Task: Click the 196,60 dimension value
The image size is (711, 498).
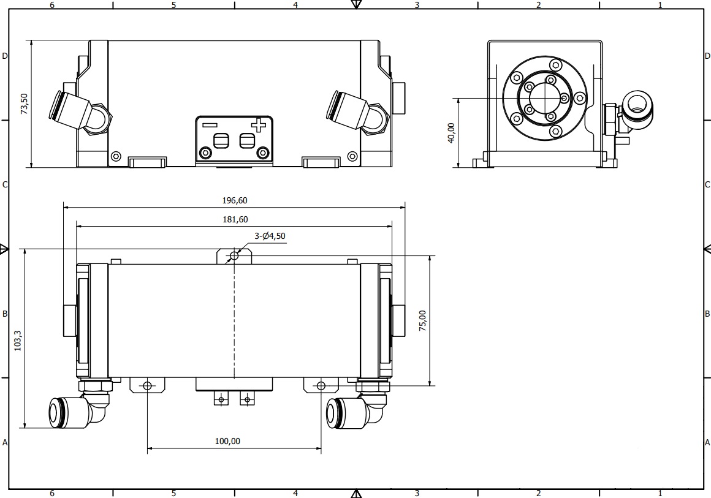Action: click(234, 200)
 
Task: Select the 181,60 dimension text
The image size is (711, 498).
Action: click(235, 219)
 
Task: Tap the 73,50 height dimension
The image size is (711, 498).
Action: click(24, 104)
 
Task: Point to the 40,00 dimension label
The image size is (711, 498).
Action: click(451, 133)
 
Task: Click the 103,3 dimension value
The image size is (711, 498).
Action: click(18, 341)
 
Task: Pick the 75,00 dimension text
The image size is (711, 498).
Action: click(422, 321)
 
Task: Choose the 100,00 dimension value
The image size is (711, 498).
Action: click(227, 441)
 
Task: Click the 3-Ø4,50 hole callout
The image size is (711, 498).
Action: click(270, 236)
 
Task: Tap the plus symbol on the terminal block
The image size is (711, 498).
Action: click(259, 125)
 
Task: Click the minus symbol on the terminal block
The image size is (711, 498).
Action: click(210, 125)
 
